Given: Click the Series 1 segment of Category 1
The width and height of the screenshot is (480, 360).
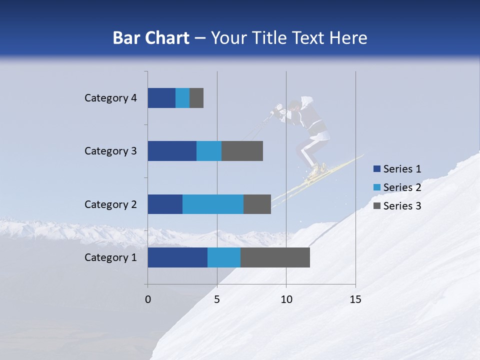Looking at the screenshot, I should click(x=177, y=257).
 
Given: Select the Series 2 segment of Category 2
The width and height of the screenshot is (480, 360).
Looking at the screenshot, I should click(x=213, y=204).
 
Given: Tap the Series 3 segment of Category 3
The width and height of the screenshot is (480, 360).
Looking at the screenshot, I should click(x=242, y=151).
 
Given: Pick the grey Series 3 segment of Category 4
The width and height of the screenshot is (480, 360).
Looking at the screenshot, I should click(x=196, y=98).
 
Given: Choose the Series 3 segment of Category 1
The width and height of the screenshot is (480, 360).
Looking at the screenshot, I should click(x=275, y=257).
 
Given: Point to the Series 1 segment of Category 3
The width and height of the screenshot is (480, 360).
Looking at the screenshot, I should click(x=172, y=151).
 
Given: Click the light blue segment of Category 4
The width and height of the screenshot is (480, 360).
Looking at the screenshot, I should click(x=182, y=98).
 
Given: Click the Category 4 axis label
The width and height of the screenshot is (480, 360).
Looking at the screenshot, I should click(x=110, y=98).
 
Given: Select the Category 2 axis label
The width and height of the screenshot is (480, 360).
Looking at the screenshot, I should click(x=110, y=204).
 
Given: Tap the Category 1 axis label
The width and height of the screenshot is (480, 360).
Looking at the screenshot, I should click(x=110, y=257).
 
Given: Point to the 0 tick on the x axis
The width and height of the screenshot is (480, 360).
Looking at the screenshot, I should click(x=148, y=299).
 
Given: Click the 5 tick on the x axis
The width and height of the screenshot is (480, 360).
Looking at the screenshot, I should click(x=217, y=299).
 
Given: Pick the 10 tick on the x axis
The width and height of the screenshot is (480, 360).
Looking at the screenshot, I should click(x=286, y=299).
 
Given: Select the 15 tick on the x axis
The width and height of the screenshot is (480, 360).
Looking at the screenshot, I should click(x=355, y=299).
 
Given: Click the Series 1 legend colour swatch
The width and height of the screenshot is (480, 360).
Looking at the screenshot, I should click(x=376, y=169).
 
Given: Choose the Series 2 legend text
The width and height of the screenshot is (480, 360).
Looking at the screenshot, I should click(x=402, y=187).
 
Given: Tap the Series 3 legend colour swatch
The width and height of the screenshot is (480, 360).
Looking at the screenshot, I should click(x=376, y=206).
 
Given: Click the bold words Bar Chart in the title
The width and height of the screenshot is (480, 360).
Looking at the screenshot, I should click(x=150, y=38).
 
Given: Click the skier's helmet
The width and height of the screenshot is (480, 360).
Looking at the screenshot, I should click(x=294, y=104).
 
